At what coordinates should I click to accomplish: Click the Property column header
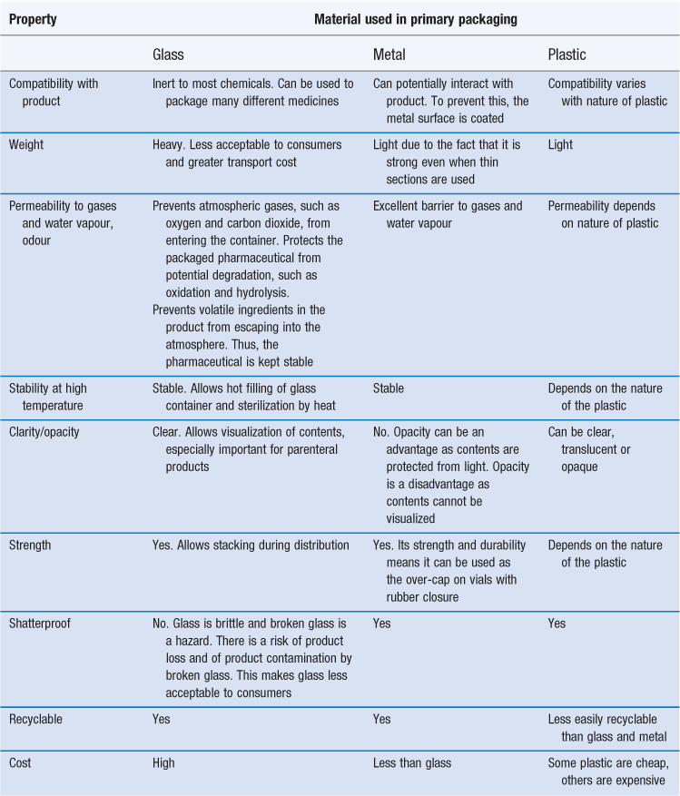(x=33, y=19)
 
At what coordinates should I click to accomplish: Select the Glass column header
(x=168, y=54)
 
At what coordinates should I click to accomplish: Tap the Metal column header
(x=389, y=54)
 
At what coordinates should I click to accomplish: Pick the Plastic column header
(x=567, y=54)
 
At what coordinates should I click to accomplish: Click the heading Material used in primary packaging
(x=416, y=19)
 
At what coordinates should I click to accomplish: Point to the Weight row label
(x=26, y=144)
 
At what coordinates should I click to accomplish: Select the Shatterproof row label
(x=40, y=624)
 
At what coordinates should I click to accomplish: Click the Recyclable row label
(x=35, y=720)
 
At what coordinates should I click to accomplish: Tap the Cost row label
(x=20, y=763)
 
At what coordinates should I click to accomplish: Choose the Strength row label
(x=30, y=545)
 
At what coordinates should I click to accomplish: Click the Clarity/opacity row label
(x=44, y=432)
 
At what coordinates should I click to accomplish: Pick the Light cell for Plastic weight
(x=560, y=144)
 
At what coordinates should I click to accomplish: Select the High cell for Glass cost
(x=163, y=763)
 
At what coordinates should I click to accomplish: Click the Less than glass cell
(x=412, y=763)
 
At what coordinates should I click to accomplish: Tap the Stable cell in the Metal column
(x=389, y=388)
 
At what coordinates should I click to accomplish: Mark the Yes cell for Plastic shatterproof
(x=557, y=624)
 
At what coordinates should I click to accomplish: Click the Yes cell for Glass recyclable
(x=162, y=720)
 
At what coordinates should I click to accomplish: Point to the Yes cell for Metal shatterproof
(x=382, y=624)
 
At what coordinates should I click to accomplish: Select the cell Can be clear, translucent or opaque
(x=589, y=449)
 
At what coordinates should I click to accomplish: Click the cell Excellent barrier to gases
(x=448, y=215)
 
